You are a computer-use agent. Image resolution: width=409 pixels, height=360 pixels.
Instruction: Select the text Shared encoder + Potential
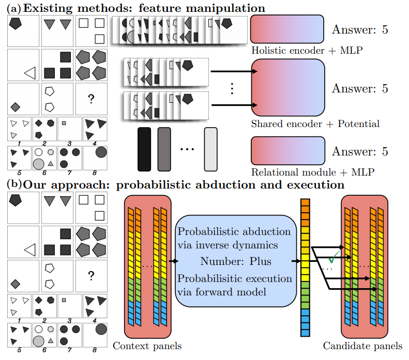pyautogui.click(x=315, y=124)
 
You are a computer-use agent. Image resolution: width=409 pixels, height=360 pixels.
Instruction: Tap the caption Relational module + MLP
pyautogui.click(x=312, y=171)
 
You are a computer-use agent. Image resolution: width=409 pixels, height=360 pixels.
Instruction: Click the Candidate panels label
pyautogui.click(x=362, y=346)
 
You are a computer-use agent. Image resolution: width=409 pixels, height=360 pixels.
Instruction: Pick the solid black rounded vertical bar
pyautogui.click(x=144, y=149)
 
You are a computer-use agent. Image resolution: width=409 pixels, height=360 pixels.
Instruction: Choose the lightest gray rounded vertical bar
pyautogui.click(x=210, y=149)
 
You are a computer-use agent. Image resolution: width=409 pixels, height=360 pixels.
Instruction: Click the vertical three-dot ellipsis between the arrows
pyautogui.click(x=232, y=88)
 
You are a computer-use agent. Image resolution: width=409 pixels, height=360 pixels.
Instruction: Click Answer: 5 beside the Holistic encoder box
pyautogui.click(x=360, y=30)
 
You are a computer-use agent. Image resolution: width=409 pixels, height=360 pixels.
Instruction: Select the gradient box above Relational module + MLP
pyautogui.click(x=287, y=151)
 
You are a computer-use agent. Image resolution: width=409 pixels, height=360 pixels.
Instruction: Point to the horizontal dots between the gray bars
pyautogui.click(x=187, y=149)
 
